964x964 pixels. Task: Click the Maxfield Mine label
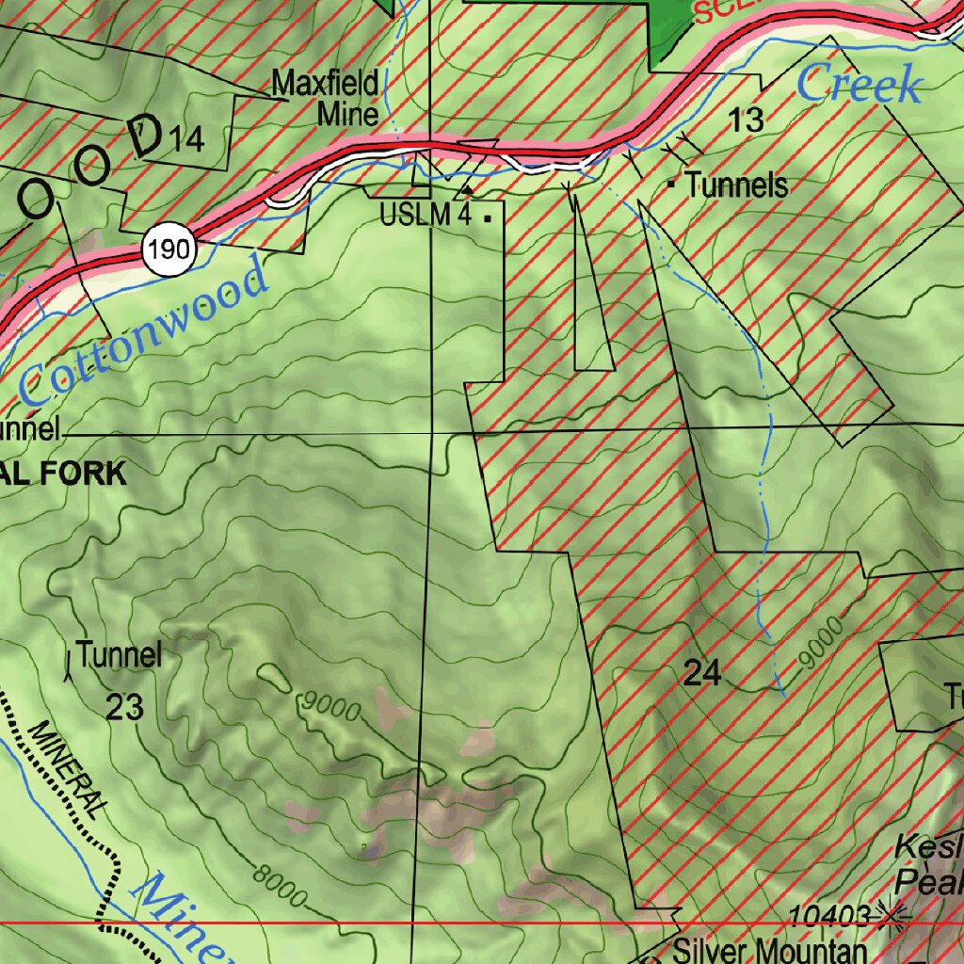(x=325, y=99)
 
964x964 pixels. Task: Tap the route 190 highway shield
(x=170, y=250)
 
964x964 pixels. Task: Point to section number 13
(x=746, y=120)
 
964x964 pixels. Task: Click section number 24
(x=702, y=673)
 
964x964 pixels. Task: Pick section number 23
(x=124, y=706)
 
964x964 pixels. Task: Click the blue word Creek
(x=859, y=85)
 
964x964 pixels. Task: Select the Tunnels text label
(x=737, y=185)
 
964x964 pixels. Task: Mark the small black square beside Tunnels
(x=671, y=185)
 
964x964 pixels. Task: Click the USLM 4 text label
(x=426, y=216)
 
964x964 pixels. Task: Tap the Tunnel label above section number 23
(x=120, y=654)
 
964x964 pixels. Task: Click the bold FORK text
(x=89, y=473)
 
